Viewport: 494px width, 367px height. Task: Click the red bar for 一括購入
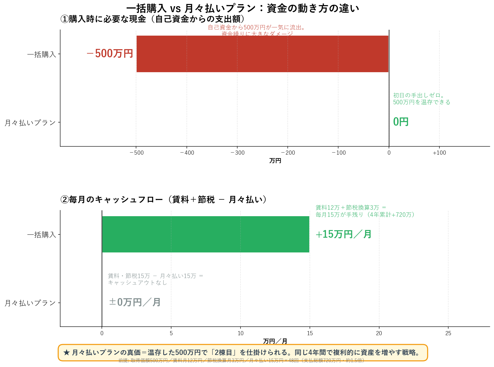pyautogui.click(x=262, y=54)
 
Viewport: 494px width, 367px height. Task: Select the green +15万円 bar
pyautogui.click(x=205, y=234)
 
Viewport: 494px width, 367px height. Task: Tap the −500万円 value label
pyautogui.click(x=110, y=54)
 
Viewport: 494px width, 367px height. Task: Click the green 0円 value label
pyautogui.click(x=401, y=122)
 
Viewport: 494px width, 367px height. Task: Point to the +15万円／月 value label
pyautogui.click(x=343, y=234)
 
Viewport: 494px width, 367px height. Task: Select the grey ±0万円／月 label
pyautogui.click(x=135, y=302)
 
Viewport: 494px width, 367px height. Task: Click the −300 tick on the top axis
pyautogui.click(x=237, y=153)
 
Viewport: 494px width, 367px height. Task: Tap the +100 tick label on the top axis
pyautogui.click(x=439, y=153)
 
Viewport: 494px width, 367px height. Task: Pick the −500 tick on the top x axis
pyautogui.click(x=136, y=153)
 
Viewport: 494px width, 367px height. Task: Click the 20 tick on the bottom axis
pyautogui.click(x=379, y=333)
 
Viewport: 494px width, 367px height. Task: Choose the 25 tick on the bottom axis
pyautogui.click(x=448, y=333)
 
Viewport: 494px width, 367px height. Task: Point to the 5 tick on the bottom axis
pyautogui.click(x=171, y=333)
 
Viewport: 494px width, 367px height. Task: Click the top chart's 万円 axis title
pyautogui.click(x=275, y=161)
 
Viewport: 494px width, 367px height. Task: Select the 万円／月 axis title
pyautogui.click(x=275, y=341)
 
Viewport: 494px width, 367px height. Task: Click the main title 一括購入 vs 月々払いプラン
pyautogui.click(x=243, y=8)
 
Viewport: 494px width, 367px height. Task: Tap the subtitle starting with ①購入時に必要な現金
pyautogui.click(x=153, y=19)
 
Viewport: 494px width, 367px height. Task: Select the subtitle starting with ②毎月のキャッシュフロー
pyautogui.click(x=163, y=199)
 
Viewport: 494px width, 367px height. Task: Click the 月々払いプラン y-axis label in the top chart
pyautogui.click(x=30, y=123)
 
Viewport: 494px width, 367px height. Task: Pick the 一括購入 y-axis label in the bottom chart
pyautogui.click(x=42, y=235)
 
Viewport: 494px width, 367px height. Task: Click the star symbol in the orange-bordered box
pyautogui.click(x=66, y=353)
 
